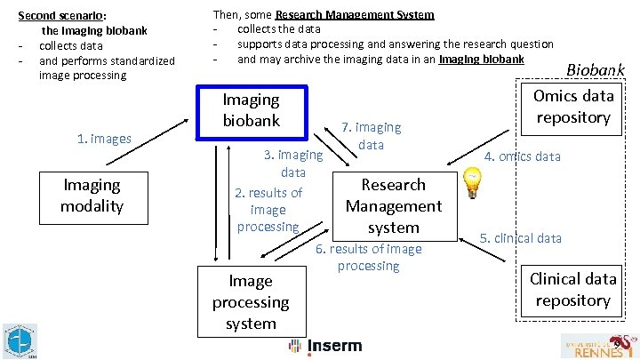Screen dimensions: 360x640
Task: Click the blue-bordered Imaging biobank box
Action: point(251,112)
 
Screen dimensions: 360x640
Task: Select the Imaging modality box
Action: point(92,196)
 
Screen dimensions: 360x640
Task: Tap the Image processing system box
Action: point(251,302)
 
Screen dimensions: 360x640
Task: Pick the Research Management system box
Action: point(393,206)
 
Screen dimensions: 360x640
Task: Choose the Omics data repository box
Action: point(573,107)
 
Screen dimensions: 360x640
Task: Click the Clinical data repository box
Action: point(573,290)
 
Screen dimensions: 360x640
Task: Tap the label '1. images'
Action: point(104,138)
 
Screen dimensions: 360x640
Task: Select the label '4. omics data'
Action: point(522,156)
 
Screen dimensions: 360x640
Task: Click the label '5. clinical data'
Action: point(521,238)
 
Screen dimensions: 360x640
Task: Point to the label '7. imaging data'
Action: point(372,136)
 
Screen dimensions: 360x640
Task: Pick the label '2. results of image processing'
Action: point(268,210)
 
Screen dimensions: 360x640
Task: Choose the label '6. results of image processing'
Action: point(369,258)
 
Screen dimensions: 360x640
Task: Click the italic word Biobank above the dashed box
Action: point(596,70)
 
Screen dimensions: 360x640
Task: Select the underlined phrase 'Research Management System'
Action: point(355,15)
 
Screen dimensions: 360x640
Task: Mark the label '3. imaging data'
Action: point(293,164)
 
